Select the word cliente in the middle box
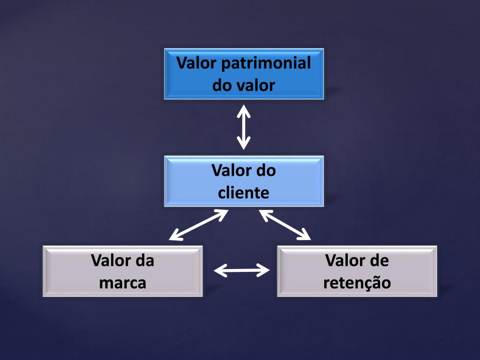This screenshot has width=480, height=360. [244, 192]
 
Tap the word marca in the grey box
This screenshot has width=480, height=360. [123, 283]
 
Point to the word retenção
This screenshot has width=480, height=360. [357, 283]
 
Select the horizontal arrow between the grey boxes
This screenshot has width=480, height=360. [242, 270]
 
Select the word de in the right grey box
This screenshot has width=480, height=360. [379, 261]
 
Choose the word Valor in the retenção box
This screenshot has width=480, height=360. [345, 261]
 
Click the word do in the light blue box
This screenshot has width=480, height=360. [265, 170]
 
